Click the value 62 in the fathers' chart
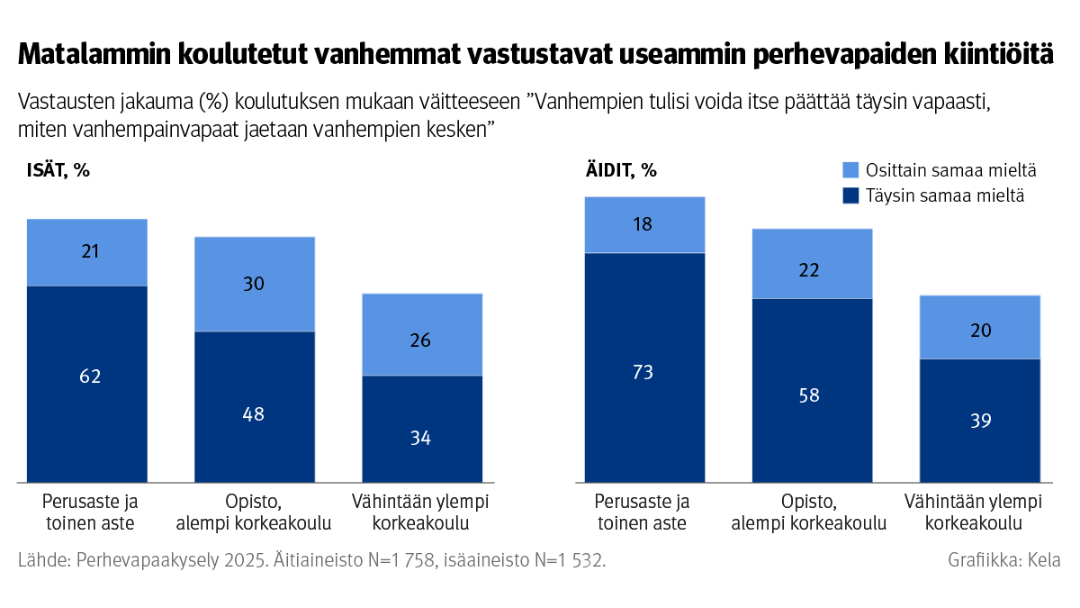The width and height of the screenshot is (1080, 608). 87,377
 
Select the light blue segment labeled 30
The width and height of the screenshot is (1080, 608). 255,284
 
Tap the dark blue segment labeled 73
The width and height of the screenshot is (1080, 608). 644,371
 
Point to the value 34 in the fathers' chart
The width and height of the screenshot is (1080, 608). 421,439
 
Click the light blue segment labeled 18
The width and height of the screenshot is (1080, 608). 644,224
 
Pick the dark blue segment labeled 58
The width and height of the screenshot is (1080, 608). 812,395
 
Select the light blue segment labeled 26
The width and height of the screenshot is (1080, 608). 421,340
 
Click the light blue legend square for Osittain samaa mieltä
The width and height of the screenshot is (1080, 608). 851,170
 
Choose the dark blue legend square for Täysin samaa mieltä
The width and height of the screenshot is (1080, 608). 851,195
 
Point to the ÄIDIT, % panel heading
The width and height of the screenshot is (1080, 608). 621,171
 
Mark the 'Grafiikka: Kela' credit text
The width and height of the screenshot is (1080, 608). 1003,560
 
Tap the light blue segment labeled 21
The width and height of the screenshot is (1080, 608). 87,251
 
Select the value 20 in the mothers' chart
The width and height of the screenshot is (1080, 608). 979,331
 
